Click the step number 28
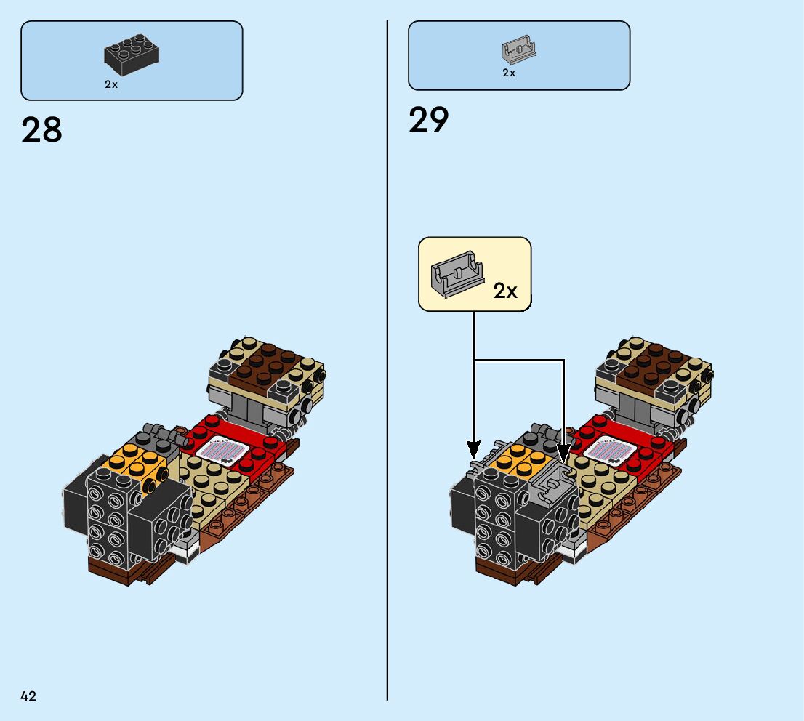coord(42,130)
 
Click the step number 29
coord(429,120)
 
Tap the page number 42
coord(28,696)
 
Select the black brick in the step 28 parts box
coord(132,56)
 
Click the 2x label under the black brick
coord(111,84)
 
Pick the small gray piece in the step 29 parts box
coord(518,49)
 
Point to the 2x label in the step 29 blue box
coord(509,73)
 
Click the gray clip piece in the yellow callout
coord(457,273)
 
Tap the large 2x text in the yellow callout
coord(505,291)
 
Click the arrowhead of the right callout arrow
coord(564,455)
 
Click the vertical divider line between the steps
coord(387,363)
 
